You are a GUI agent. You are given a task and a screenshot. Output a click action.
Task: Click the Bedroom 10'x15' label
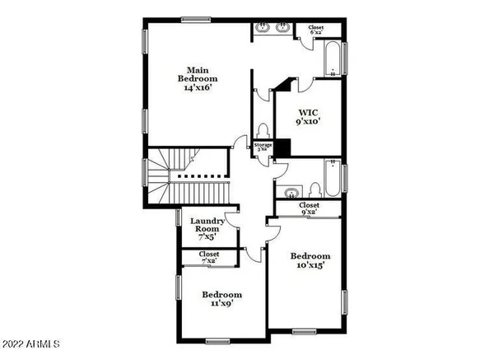[311, 260]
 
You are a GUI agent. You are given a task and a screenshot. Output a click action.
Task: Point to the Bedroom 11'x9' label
[222, 299]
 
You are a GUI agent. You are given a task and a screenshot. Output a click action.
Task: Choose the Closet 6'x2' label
[316, 31]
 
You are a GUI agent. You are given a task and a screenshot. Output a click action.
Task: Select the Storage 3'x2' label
[263, 147]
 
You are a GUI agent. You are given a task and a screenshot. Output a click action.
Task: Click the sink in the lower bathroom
[290, 194]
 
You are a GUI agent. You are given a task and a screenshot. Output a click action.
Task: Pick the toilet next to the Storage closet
[262, 132]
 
